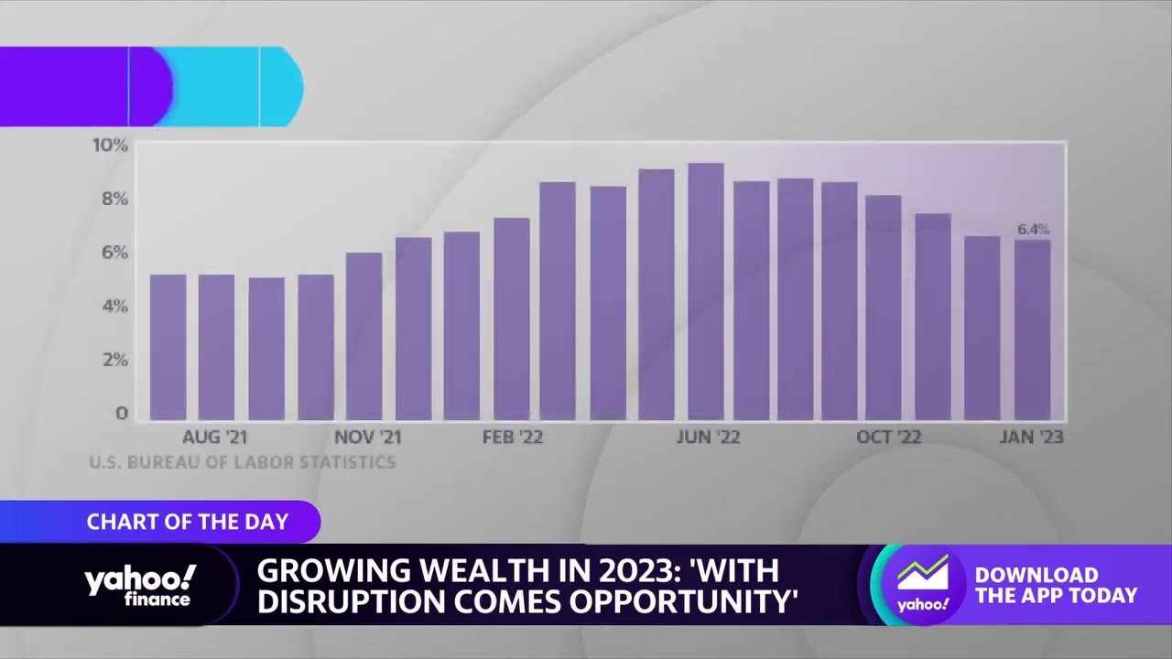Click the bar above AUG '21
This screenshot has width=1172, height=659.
pyautogui.click(x=216, y=348)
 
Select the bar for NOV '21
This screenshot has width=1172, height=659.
pyautogui.click(x=364, y=337)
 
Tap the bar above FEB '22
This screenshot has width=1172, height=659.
pyautogui.click(x=511, y=319)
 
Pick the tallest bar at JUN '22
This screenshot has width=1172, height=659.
pyautogui.click(x=706, y=292)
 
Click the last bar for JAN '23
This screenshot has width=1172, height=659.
pyautogui.click(x=1032, y=330)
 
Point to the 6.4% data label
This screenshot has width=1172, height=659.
pyautogui.click(x=1033, y=229)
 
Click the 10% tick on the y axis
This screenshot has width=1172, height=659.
pyautogui.click(x=110, y=146)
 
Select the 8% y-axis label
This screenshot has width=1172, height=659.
pyautogui.click(x=114, y=199)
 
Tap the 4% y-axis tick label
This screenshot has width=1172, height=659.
pyautogui.click(x=114, y=306)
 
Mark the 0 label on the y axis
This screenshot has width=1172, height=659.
pyautogui.click(x=121, y=414)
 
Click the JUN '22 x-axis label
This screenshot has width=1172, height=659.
pyautogui.click(x=708, y=438)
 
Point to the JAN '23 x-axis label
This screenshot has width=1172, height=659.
pyautogui.click(x=1031, y=438)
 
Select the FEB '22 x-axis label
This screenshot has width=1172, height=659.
pyautogui.click(x=512, y=438)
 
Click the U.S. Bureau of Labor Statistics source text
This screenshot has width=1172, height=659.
pyautogui.click(x=243, y=462)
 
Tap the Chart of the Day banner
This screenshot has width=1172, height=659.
pyautogui.click(x=187, y=522)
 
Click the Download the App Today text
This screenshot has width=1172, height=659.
pyautogui.click(x=1055, y=585)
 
